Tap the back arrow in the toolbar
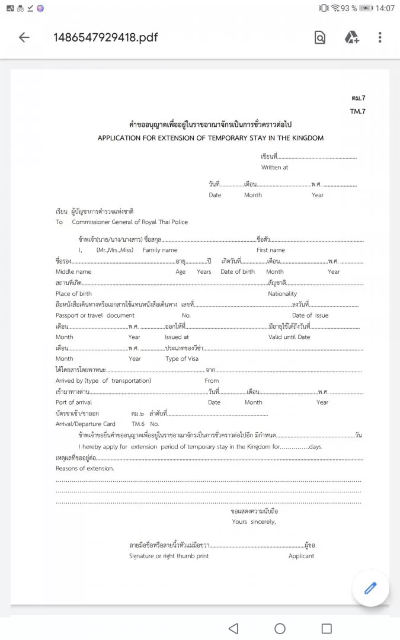pos(24,38)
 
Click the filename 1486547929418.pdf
pos(105,38)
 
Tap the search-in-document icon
pos(320,38)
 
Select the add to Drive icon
pos(352,38)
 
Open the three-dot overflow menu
pos(380,38)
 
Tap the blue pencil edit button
pos(370,588)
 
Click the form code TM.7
pos(357,111)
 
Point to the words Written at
pos(275,168)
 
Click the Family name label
pos(160,250)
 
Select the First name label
pos(271,250)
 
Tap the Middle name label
pos(73,272)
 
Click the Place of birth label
pos(74,294)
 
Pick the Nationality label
pos(283,294)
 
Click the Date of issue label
pos(310,316)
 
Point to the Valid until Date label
pos(289,337)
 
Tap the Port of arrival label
pos(74,402)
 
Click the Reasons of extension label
pos(85,468)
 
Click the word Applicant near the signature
pos(302,556)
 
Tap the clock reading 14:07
pos(385,8)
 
